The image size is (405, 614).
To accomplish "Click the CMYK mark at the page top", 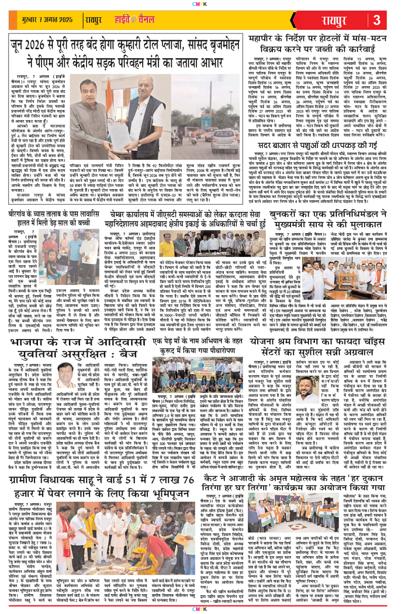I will [202, 3].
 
